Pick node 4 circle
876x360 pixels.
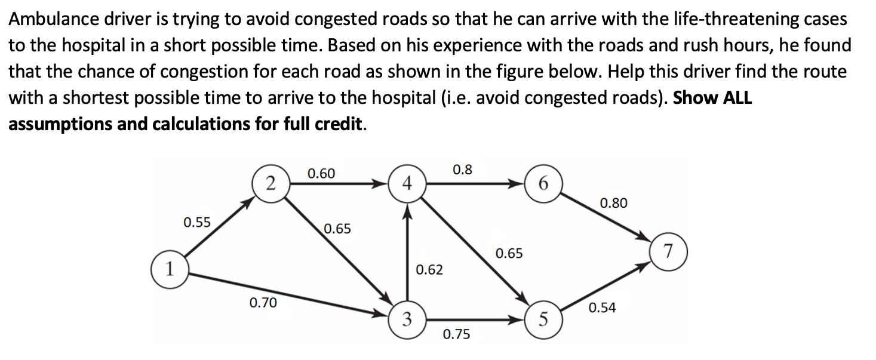[x=407, y=183]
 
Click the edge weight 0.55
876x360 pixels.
[x=197, y=223]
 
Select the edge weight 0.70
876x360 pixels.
[x=263, y=303]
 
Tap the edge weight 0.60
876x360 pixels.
[x=321, y=174]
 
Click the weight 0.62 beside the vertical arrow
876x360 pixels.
[x=429, y=270]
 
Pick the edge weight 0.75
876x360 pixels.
[x=456, y=334]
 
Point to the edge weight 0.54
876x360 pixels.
[x=602, y=308]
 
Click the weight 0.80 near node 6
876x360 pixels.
[x=613, y=203]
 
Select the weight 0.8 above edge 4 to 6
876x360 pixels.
[x=462, y=170]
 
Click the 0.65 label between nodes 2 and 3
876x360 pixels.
[x=337, y=229]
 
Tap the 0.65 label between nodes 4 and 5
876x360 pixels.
[x=509, y=254]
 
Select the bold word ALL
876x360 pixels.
[x=737, y=98]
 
